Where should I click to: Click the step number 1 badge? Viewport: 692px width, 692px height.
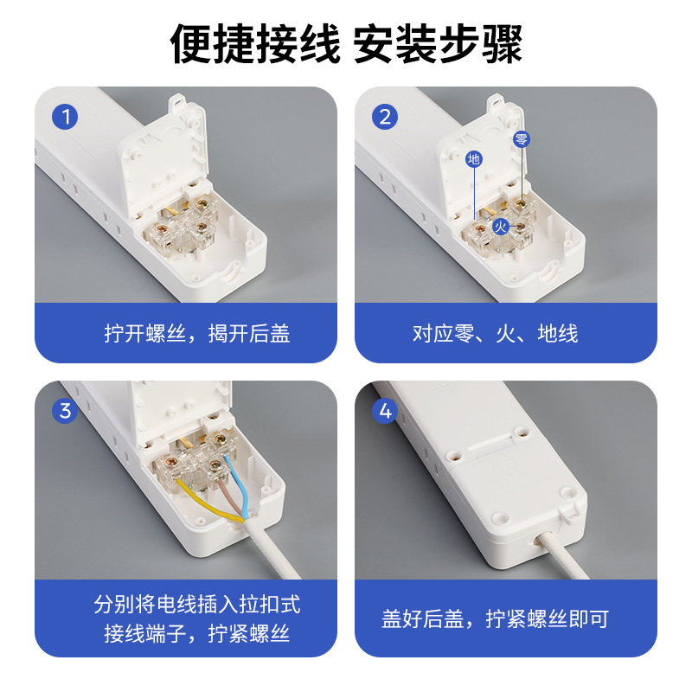pyautogui.click(x=65, y=117)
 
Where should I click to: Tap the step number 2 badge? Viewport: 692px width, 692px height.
pyautogui.click(x=385, y=117)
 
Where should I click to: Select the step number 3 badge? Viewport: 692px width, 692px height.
pyautogui.click(x=65, y=411)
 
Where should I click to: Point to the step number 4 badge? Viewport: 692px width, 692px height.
pyautogui.click(x=385, y=411)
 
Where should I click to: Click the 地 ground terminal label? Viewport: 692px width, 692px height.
pyautogui.click(x=474, y=158)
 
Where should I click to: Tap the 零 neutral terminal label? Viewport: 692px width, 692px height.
pyautogui.click(x=522, y=139)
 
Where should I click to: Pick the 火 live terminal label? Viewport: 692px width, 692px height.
pyautogui.click(x=501, y=227)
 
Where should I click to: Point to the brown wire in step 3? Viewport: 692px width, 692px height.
pyautogui.click(x=229, y=497)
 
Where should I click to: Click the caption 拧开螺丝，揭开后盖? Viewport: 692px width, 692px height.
pyautogui.click(x=197, y=333)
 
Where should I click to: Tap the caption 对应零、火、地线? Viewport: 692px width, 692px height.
pyautogui.click(x=495, y=333)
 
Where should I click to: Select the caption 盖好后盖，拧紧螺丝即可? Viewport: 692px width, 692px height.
pyautogui.click(x=495, y=618)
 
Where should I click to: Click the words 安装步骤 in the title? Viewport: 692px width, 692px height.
pyautogui.click(x=438, y=44)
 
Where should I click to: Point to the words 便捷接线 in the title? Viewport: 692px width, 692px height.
pyautogui.click(x=255, y=44)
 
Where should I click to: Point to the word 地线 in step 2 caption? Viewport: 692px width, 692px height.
pyautogui.click(x=558, y=333)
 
